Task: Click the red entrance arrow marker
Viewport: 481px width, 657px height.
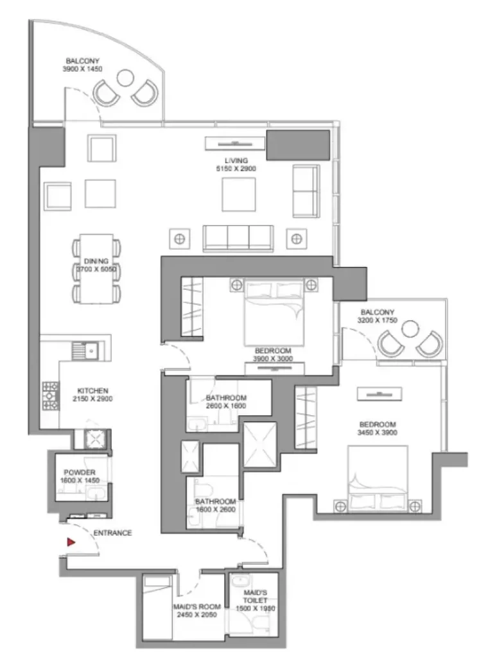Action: pyautogui.click(x=71, y=542)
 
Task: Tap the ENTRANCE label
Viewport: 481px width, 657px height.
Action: pyautogui.click(x=112, y=533)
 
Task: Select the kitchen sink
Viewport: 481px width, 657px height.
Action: pyautogui.click(x=85, y=351)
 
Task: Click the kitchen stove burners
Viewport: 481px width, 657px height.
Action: pyautogui.click(x=50, y=395)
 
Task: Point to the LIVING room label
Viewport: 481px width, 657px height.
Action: pyautogui.click(x=236, y=160)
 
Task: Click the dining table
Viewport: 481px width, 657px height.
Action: pyautogui.click(x=96, y=269)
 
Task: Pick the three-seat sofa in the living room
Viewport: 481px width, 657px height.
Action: pyautogui.click(x=238, y=239)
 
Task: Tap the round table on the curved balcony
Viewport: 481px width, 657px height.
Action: pyautogui.click(x=125, y=78)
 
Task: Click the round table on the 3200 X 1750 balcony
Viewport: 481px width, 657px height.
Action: pyautogui.click(x=410, y=329)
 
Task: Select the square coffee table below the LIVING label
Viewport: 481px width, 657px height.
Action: pyautogui.click(x=239, y=194)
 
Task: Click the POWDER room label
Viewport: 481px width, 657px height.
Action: pyautogui.click(x=79, y=472)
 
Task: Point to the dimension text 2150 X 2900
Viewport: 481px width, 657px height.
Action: pyautogui.click(x=92, y=399)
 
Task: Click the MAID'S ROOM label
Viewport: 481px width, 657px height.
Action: pyautogui.click(x=197, y=607)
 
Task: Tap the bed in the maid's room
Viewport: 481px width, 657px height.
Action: pyautogui.click(x=157, y=607)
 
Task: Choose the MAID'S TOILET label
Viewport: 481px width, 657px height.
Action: pyautogui.click(x=255, y=597)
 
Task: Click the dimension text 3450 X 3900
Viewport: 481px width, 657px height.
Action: pyautogui.click(x=378, y=432)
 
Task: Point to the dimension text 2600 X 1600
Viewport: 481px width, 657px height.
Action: pyautogui.click(x=226, y=406)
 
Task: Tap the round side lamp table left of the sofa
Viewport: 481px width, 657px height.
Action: pyautogui.click(x=179, y=239)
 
